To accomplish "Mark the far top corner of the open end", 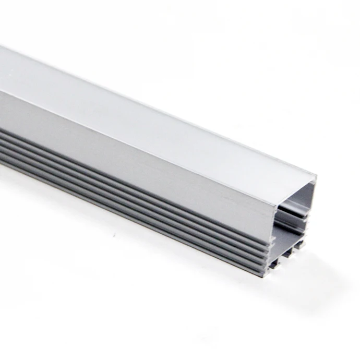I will point(316,174).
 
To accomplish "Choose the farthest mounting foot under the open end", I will point(301,245).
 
